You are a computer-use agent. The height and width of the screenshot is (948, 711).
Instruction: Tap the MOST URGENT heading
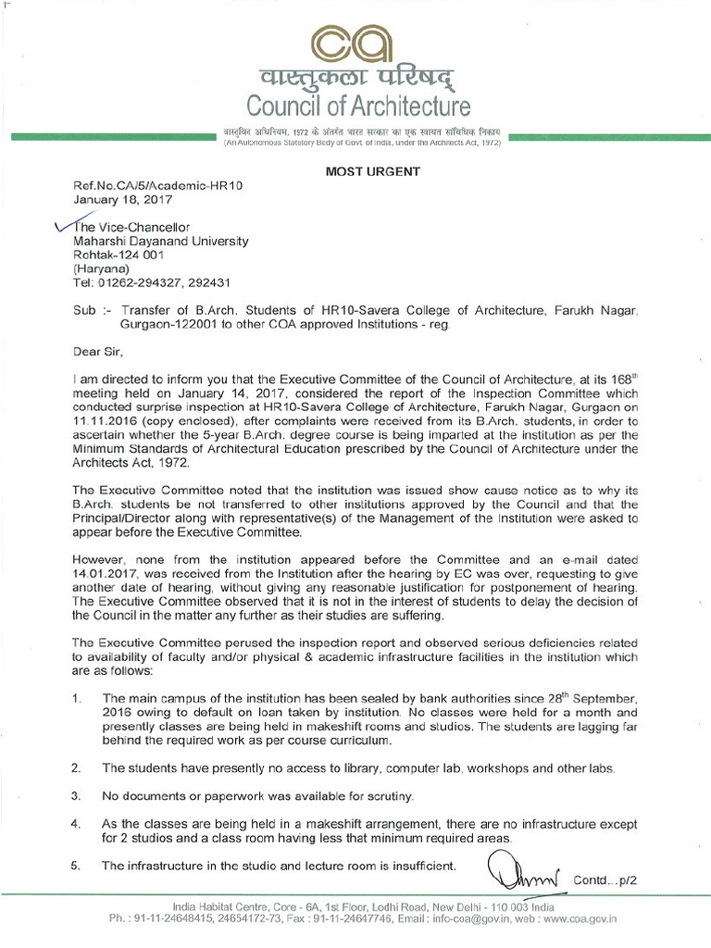pos(370,171)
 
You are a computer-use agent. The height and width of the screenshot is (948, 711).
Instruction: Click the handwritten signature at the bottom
pos(521,871)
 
